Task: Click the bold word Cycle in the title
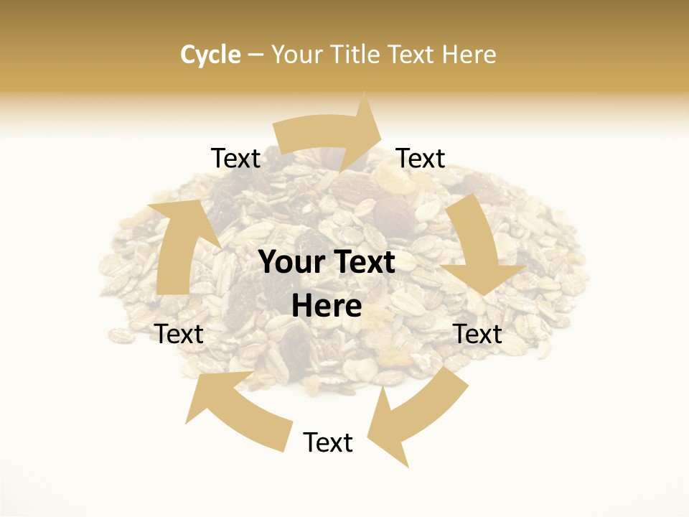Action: pyautogui.click(x=210, y=55)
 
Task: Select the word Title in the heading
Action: pyautogui.click(x=357, y=55)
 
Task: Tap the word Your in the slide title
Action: pyautogui.click(x=296, y=55)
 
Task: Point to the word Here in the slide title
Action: pyautogui.click(x=470, y=55)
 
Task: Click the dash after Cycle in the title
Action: pyautogui.click(x=256, y=55)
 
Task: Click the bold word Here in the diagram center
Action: pyautogui.click(x=327, y=307)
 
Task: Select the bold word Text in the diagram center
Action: pyautogui.click(x=361, y=262)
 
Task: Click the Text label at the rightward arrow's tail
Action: pyautogui.click(x=235, y=159)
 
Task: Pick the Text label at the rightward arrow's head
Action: pyautogui.click(x=421, y=159)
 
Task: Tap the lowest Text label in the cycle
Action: pyautogui.click(x=328, y=442)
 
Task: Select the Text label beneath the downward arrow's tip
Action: pyautogui.click(x=478, y=334)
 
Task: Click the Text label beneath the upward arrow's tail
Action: pyautogui.click(x=179, y=334)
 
